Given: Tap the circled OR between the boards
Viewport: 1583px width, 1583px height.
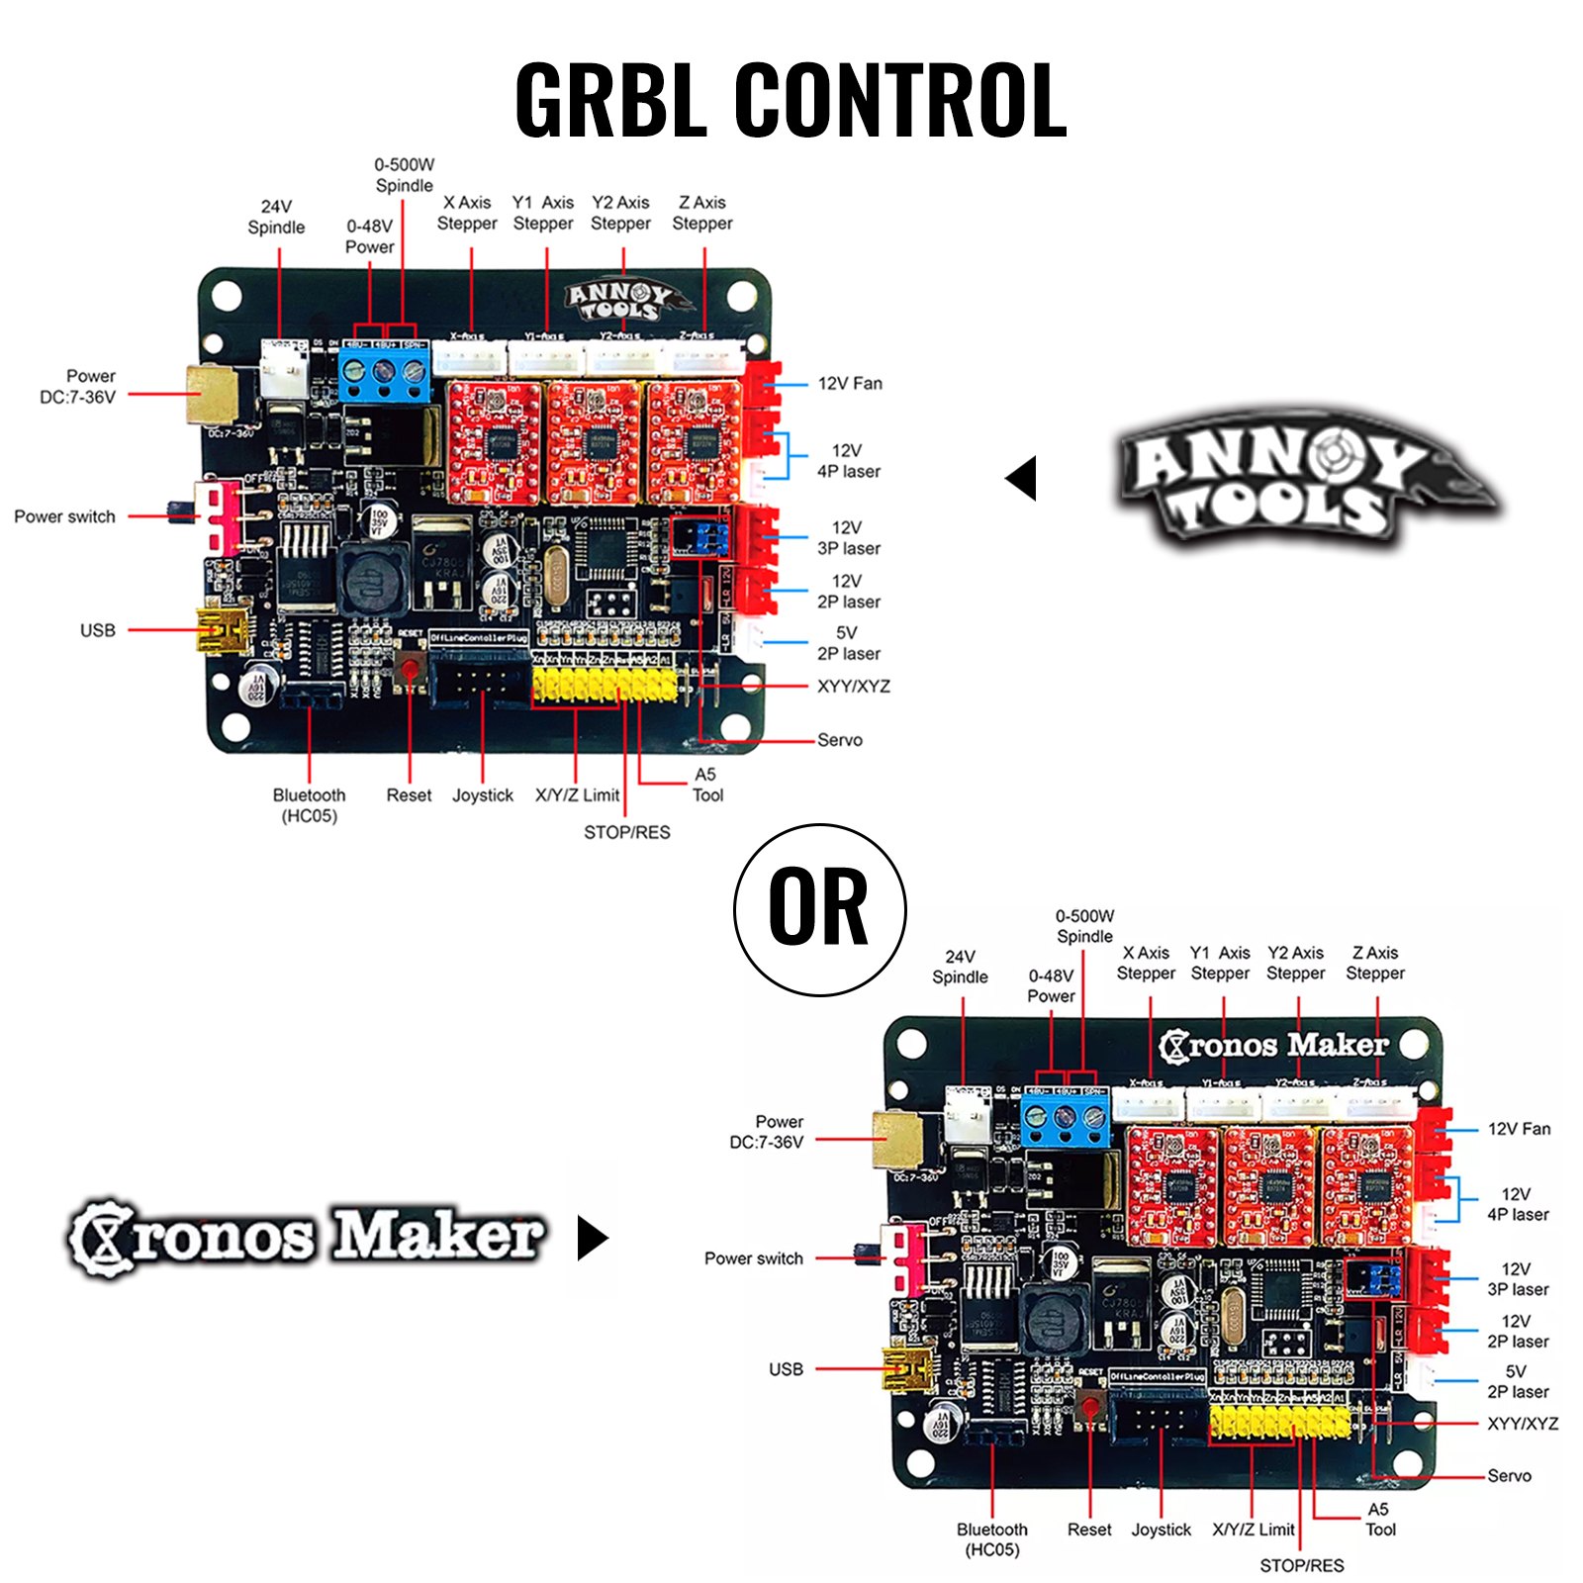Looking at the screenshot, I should pyautogui.click(x=819, y=908).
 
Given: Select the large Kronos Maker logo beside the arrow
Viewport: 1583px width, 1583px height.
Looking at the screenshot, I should pyautogui.click(x=307, y=1237).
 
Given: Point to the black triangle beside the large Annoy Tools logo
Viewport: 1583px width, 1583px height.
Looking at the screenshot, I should pyautogui.click(x=1022, y=478).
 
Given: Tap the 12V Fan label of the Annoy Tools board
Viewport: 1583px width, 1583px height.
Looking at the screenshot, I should pyautogui.click(x=850, y=384).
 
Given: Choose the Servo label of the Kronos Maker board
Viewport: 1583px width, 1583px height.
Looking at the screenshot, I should pyautogui.click(x=1509, y=1475).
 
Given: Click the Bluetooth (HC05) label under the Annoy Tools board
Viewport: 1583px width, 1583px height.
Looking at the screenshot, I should pyautogui.click(x=309, y=805).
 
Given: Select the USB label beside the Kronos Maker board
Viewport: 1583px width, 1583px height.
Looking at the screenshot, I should pyautogui.click(x=786, y=1369).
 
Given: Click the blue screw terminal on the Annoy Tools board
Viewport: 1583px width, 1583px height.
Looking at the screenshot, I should pyautogui.click(x=385, y=373).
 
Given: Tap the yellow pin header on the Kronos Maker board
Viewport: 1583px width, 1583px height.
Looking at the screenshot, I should pyautogui.click(x=1279, y=1423).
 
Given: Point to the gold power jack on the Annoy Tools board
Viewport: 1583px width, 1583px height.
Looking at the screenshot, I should pyautogui.click(x=211, y=394).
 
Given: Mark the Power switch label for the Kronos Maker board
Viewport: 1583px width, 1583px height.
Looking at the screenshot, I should pyautogui.click(x=753, y=1258).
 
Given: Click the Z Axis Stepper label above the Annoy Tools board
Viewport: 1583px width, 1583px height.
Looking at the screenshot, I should pyautogui.click(x=702, y=213).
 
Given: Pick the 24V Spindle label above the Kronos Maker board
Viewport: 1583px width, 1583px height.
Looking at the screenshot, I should pyautogui.click(x=960, y=967).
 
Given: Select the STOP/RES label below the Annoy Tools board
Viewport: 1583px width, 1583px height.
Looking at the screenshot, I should pyautogui.click(x=626, y=832).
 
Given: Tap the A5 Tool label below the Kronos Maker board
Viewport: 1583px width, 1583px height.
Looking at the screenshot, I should pyautogui.click(x=1379, y=1519).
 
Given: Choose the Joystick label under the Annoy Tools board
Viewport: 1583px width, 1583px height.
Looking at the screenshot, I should pyautogui.click(x=483, y=795).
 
